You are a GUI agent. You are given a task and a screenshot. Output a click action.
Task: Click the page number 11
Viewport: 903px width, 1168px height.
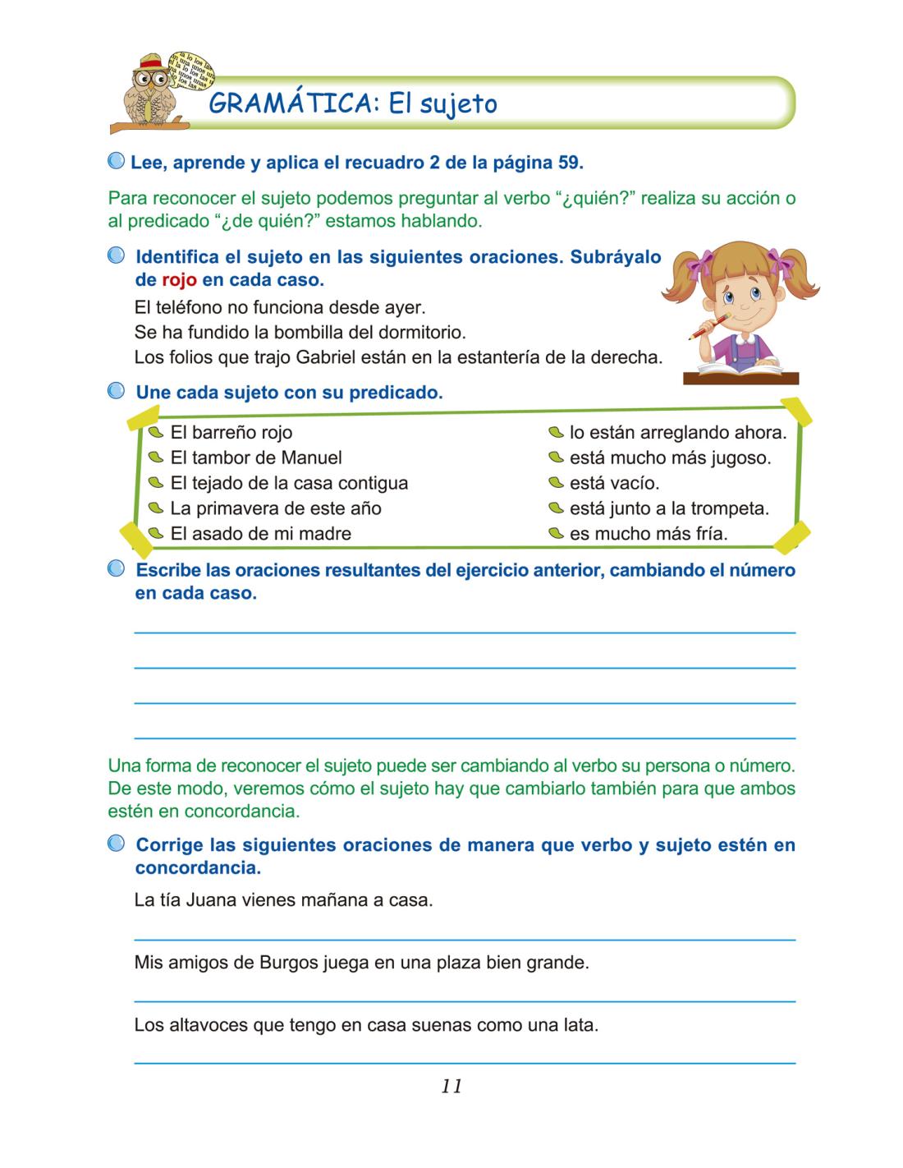[x=451, y=1086]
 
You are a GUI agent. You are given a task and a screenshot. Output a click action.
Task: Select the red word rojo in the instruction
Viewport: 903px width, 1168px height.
[x=179, y=280]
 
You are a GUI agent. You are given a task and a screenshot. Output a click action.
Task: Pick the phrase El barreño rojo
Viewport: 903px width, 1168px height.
[x=231, y=432]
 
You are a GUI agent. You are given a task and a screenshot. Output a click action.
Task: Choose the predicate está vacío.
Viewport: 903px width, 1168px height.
[x=614, y=483]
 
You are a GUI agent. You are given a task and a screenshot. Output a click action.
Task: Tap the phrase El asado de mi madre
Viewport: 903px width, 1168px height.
[x=260, y=534]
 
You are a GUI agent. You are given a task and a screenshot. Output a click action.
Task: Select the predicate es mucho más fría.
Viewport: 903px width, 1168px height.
[x=648, y=534]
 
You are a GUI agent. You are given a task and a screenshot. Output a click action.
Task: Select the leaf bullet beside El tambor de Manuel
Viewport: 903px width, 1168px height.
[x=156, y=458]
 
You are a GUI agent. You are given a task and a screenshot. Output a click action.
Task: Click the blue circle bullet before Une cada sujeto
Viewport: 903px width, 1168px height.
[x=117, y=392]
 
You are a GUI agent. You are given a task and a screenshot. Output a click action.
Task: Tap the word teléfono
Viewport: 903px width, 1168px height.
[x=190, y=309]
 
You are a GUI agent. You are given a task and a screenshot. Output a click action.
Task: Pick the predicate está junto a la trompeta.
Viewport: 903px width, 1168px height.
[x=668, y=508]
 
